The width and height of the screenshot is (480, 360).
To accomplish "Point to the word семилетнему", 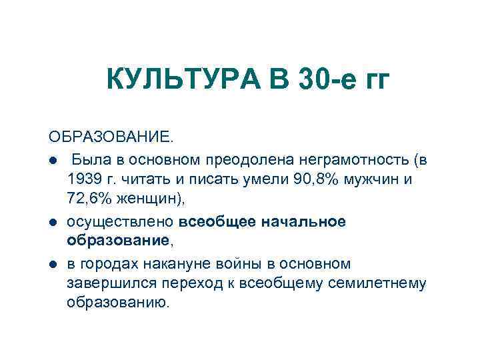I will (x=383, y=284).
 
